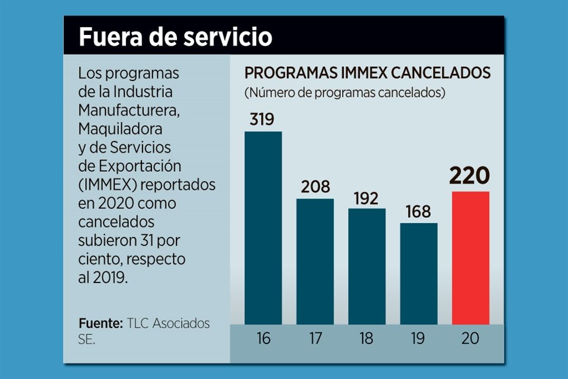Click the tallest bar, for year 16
(263, 228)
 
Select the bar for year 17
(315, 261)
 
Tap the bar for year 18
(366, 266)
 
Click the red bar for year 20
(470, 258)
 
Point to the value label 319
(262, 120)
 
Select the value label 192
(366, 198)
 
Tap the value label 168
(418, 212)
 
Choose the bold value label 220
(470, 176)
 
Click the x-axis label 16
(263, 339)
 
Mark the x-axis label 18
(366, 339)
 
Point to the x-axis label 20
(470, 339)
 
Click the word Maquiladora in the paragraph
(120, 128)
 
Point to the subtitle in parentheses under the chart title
(345, 93)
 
